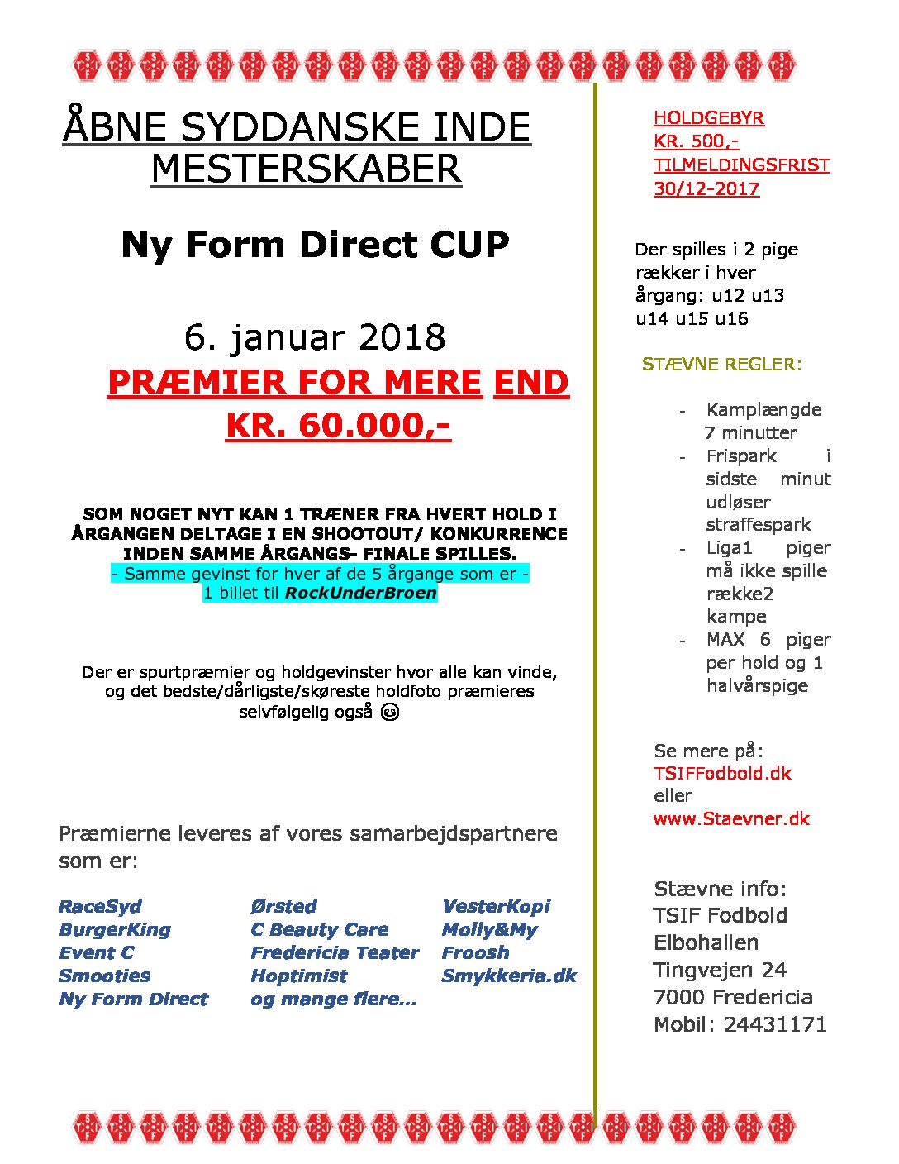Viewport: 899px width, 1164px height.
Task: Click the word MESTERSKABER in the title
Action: point(306,169)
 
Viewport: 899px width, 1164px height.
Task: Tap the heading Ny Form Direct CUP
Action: point(315,245)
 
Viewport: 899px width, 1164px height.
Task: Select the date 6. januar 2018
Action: point(315,337)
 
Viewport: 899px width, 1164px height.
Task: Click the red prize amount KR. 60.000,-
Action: point(338,425)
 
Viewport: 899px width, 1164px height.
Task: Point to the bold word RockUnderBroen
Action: point(360,593)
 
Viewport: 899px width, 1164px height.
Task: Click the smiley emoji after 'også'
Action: point(390,711)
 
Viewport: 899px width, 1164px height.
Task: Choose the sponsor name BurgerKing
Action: point(115,929)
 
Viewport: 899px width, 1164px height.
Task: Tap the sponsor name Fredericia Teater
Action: point(335,952)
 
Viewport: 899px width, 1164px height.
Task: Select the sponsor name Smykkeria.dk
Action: point(509,976)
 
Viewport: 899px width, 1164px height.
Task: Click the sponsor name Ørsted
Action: point(283,906)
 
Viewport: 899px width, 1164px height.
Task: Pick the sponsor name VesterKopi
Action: point(496,906)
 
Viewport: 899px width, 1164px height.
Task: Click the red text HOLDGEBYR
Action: point(708,117)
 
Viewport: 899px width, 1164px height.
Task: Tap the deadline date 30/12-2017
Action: point(706,188)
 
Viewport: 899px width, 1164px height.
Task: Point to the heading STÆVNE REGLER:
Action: point(721,364)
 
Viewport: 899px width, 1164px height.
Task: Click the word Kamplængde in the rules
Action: point(763,409)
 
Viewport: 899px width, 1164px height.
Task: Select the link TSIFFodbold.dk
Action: point(722,773)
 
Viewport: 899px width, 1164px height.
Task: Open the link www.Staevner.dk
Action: point(731,818)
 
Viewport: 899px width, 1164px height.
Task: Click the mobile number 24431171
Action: point(775,1024)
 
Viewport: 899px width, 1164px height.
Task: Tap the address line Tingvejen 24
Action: point(720,970)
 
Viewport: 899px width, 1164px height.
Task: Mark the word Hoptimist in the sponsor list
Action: point(298,976)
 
